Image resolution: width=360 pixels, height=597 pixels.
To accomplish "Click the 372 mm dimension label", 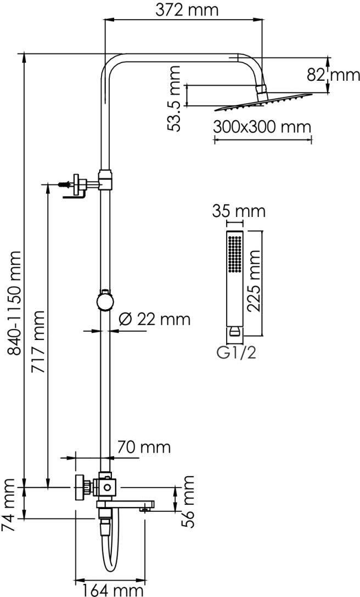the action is coord(187,10).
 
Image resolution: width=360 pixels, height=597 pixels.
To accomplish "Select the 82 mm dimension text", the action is coord(333,75).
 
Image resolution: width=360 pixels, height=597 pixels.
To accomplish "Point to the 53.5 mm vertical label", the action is coord(175,99).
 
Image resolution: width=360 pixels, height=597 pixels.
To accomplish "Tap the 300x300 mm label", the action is coord(262,127).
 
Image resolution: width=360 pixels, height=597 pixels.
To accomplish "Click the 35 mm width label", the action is coord(239,211).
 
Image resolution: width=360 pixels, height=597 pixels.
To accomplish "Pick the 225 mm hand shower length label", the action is coord(253,281).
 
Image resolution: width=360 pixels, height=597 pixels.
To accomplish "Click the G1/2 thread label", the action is coord(236,353).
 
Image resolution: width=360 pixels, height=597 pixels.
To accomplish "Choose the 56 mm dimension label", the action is coord(187,501).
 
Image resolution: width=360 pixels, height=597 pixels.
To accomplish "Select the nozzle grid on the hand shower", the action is coord(234,254).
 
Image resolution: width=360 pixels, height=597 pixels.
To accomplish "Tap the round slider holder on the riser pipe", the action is coord(105,301).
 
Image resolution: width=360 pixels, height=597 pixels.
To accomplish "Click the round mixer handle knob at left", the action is coord(80,487).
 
